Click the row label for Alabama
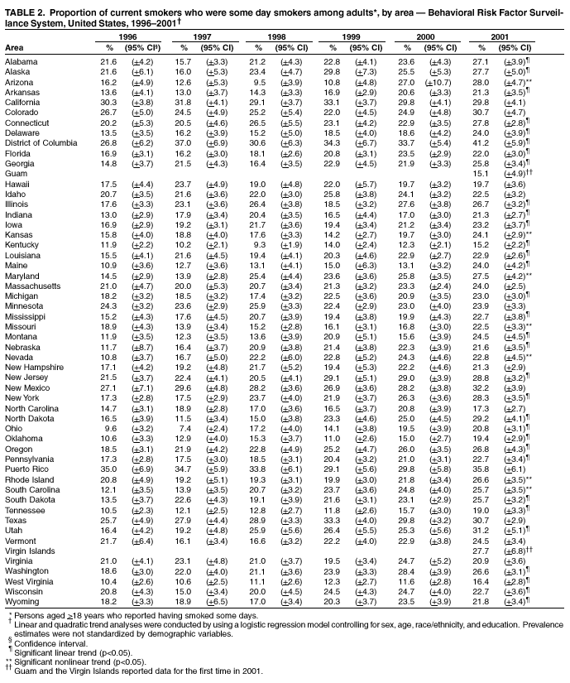[x=21, y=61]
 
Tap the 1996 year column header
[x=127, y=38]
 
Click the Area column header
[x=15, y=48]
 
